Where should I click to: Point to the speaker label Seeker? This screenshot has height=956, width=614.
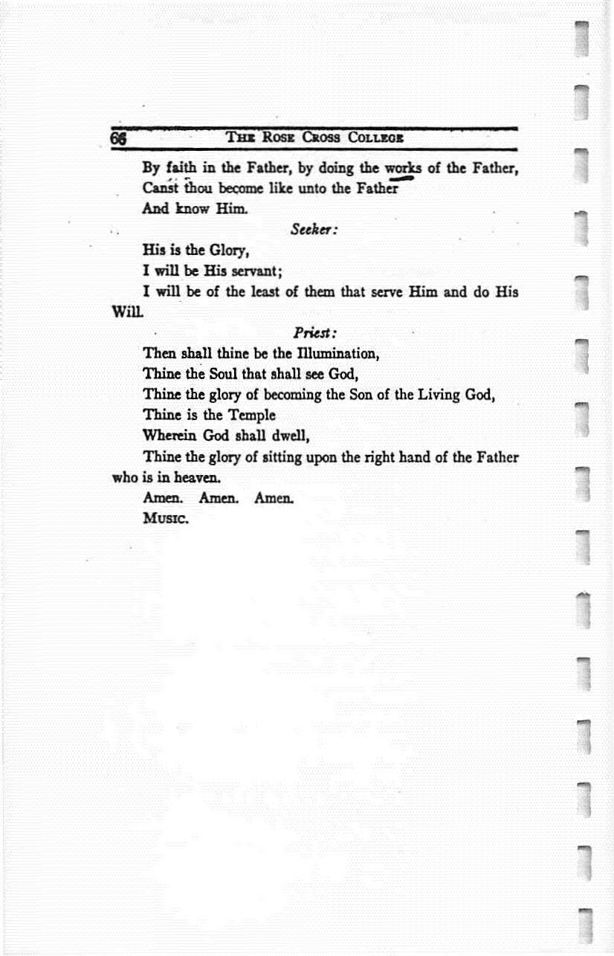pyautogui.click(x=315, y=230)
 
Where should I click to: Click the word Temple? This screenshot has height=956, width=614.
pyautogui.click(x=249, y=415)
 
